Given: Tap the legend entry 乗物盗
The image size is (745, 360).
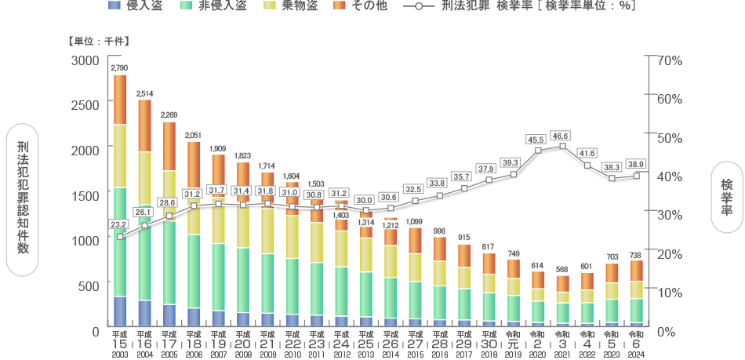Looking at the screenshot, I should click(295, 6).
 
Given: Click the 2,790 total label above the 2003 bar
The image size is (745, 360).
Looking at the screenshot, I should click(119, 68).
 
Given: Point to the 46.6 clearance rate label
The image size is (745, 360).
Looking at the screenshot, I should click(561, 136).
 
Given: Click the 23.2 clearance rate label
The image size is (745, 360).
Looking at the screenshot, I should click(119, 224).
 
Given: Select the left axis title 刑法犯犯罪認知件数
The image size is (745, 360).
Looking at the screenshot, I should click(23, 196).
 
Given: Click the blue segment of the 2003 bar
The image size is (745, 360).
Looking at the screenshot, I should click(120, 311).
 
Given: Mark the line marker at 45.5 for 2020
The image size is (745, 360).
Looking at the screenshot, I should click(538, 151).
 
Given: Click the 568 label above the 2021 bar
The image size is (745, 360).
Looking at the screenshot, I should click(562, 269).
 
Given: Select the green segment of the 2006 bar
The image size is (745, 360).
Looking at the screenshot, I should click(194, 271).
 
